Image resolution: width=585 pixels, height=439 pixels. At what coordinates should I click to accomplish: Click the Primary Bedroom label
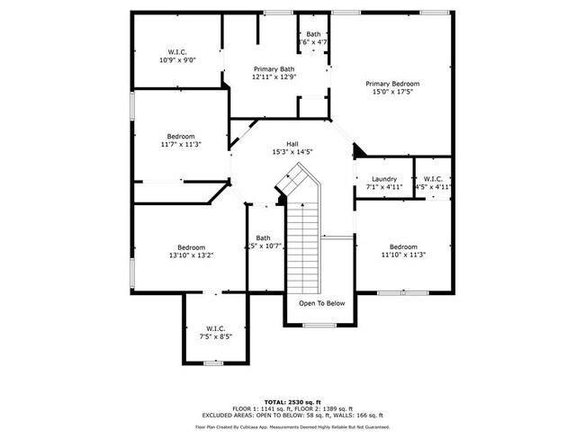(391, 84)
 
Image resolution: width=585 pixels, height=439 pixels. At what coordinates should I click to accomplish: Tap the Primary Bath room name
(274, 69)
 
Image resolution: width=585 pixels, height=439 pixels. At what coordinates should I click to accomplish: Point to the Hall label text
(292, 143)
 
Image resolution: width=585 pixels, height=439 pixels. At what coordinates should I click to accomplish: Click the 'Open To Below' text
(322, 303)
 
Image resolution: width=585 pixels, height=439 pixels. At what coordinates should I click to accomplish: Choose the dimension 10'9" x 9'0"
(177, 59)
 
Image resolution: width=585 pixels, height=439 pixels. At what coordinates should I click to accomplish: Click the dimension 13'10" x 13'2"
(191, 255)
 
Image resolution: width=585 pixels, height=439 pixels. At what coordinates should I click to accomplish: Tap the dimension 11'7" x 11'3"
(180, 144)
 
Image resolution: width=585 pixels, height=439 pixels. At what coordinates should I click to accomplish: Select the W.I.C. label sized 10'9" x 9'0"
(177, 51)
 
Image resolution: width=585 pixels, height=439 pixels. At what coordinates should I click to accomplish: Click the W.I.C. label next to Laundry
(433, 179)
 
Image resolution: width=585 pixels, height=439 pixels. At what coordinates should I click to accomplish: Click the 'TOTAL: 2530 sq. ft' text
(293, 401)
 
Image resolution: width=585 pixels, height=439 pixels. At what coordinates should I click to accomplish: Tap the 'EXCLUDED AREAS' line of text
(293, 415)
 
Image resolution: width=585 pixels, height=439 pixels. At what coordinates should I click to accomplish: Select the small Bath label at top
(312, 34)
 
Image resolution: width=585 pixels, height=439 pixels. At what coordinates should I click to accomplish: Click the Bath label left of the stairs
(263, 238)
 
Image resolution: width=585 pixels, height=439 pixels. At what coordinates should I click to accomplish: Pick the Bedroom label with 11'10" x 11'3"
(402, 246)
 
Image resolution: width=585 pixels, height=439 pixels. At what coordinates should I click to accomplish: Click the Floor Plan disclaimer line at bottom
(293, 426)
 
